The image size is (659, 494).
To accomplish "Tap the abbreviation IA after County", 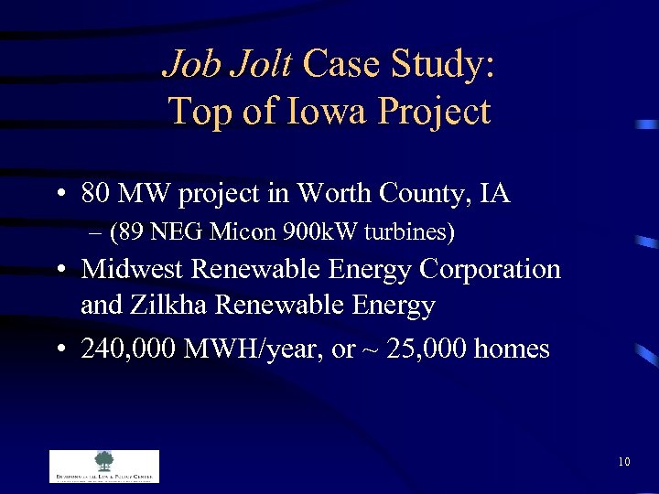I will click(494, 194).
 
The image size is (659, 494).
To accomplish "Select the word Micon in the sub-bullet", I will click(238, 233).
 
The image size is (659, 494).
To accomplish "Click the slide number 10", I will click(624, 462).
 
